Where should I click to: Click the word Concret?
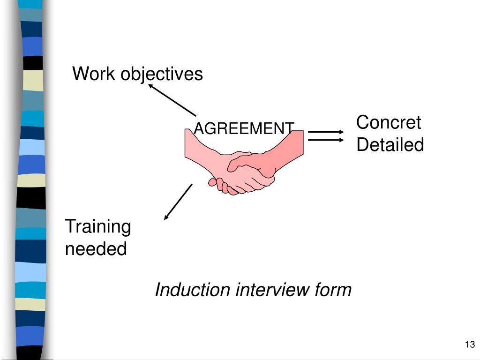click(x=389, y=123)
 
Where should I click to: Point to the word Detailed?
click(x=390, y=145)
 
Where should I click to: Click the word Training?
click(x=97, y=227)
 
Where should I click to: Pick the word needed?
click(x=96, y=248)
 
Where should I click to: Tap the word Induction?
click(x=193, y=290)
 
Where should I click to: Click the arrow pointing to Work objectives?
click(x=172, y=100)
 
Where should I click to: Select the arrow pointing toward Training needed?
click(x=178, y=202)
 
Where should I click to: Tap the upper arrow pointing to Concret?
click(x=326, y=132)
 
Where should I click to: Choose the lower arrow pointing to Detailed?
click(x=326, y=139)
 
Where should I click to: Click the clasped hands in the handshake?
click(x=244, y=173)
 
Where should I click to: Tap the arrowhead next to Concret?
click(x=341, y=132)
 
